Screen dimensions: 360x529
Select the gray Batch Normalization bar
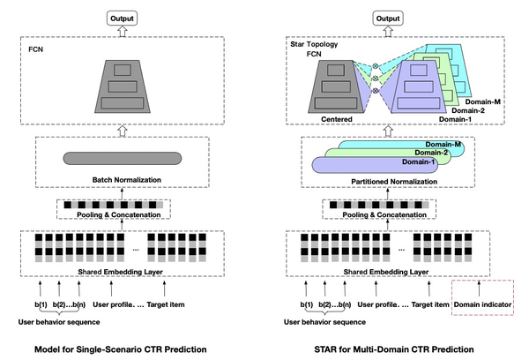click(121, 158)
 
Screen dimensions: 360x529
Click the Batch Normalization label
click(122, 179)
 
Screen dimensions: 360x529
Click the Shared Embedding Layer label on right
click(369, 269)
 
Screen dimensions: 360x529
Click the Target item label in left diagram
click(169, 304)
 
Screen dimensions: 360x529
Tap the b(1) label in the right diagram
click(308, 304)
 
